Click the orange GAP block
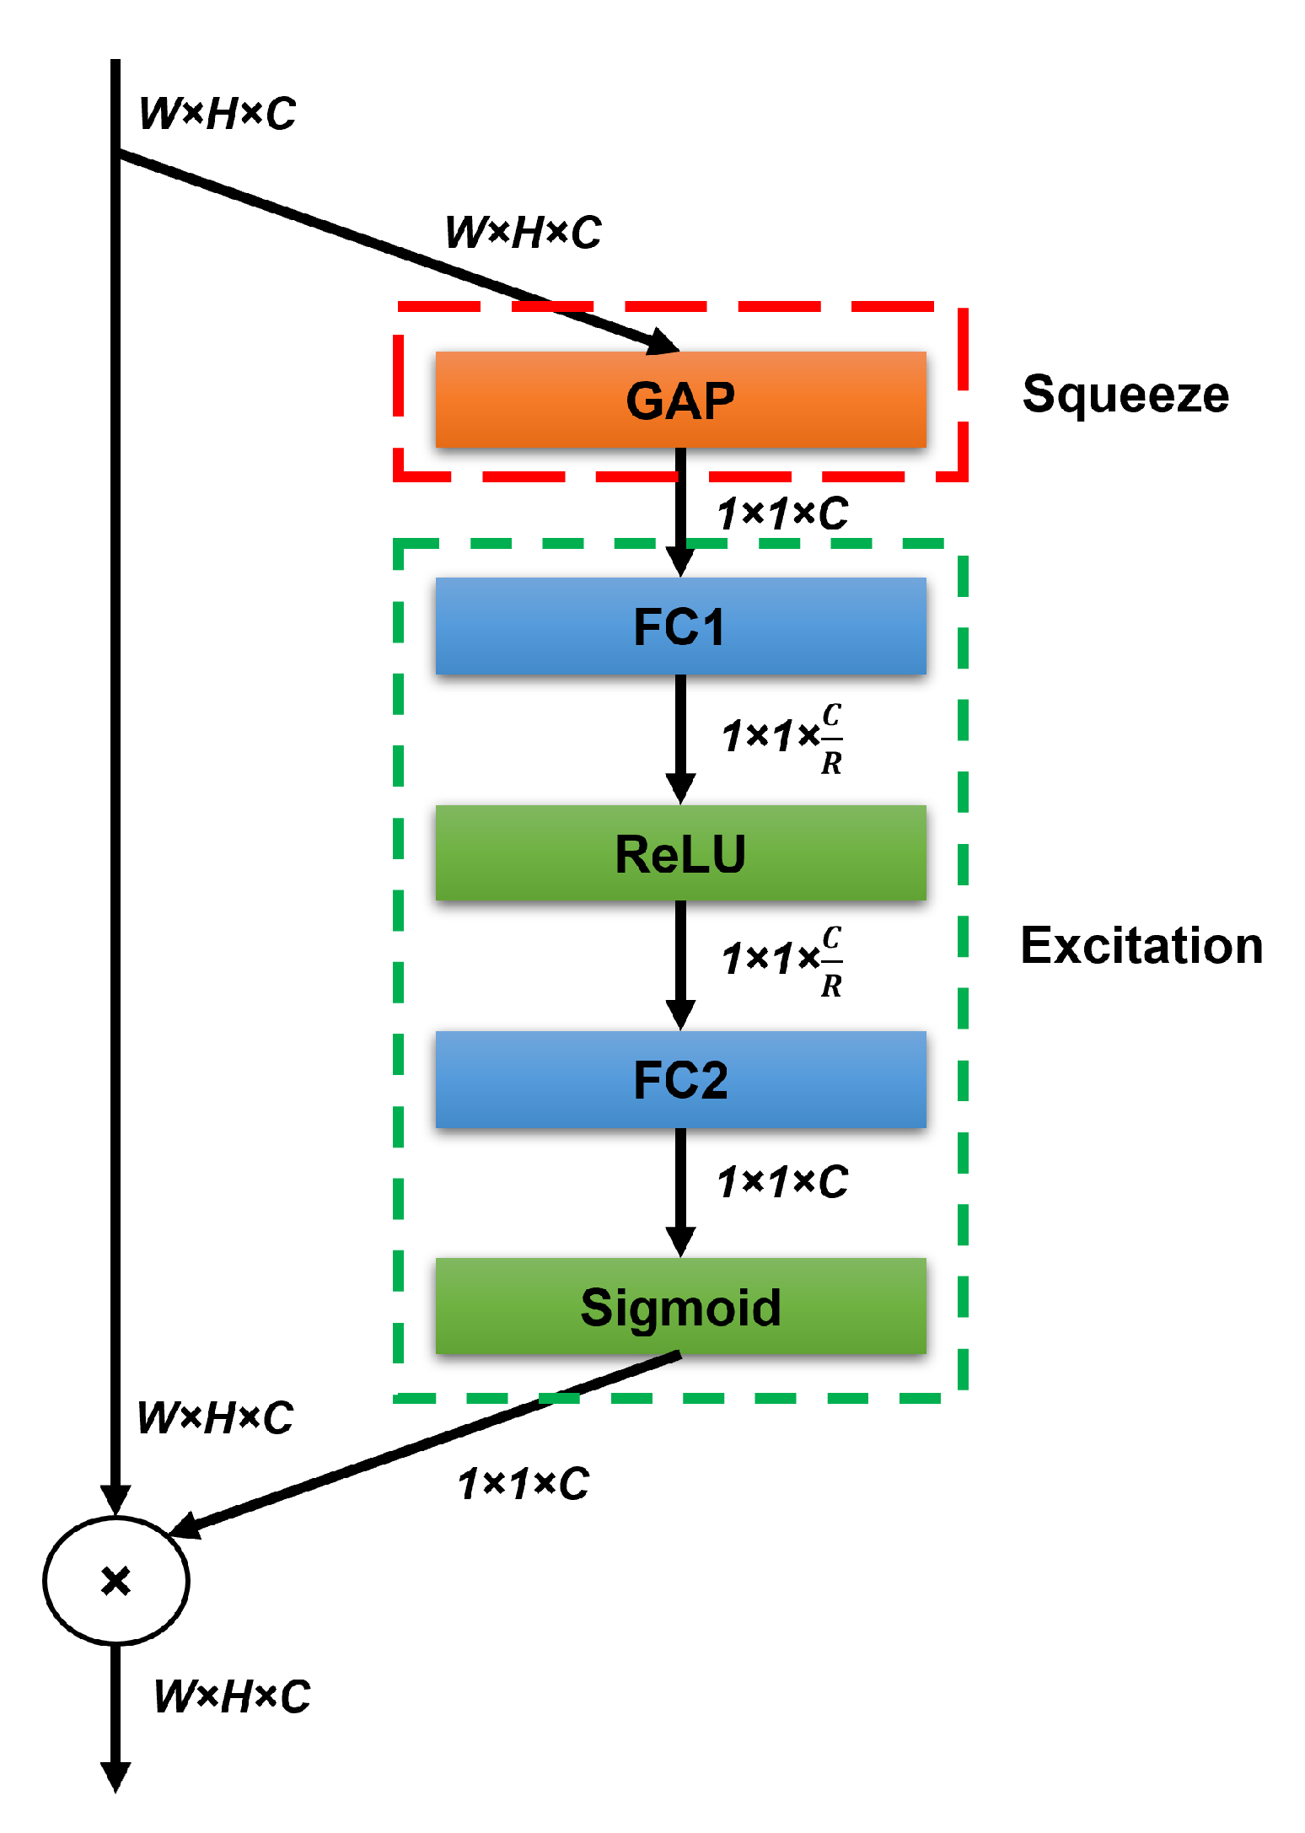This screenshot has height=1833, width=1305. click(x=679, y=399)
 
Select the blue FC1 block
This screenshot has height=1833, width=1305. click(x=679, y=626)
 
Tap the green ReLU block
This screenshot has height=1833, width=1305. click(x=679, y=852)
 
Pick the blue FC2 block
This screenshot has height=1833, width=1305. click(x=679, y=1079)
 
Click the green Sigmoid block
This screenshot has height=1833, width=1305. click(x=679, y=1306)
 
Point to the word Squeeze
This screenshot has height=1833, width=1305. click(x=1125, y=394)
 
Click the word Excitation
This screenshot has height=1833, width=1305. click(x=1141, y=944)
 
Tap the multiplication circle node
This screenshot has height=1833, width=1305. click(x=115, y=1580)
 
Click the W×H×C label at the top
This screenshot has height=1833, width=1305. click(x=217, y=114)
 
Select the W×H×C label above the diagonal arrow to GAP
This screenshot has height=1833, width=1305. click(x=523, y=232)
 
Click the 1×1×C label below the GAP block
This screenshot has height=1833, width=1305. click(x=781, y=513)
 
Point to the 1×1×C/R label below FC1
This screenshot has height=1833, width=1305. click(x=781, y=737)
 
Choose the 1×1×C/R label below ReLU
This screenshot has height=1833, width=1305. click(x=781, y=960)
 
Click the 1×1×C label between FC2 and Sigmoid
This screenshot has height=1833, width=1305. click(x=781, y=1181)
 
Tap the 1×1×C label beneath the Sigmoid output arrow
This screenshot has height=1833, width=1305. click(x=523, y=1483)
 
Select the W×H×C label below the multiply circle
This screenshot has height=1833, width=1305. click(x=232, y=1696)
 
